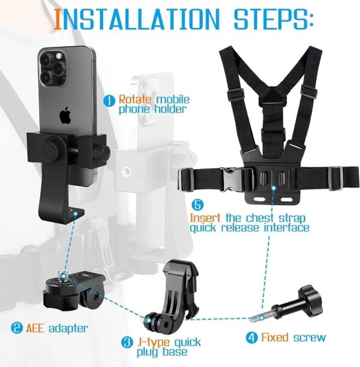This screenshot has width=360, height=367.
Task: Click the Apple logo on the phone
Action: point(65,115)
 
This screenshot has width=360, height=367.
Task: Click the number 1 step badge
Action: point(109,101)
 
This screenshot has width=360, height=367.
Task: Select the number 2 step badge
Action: point(17,328)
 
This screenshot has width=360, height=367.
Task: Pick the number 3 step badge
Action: point(127,343)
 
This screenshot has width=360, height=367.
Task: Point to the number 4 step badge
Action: point(252,338)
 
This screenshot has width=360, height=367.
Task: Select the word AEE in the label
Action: point(37,328)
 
